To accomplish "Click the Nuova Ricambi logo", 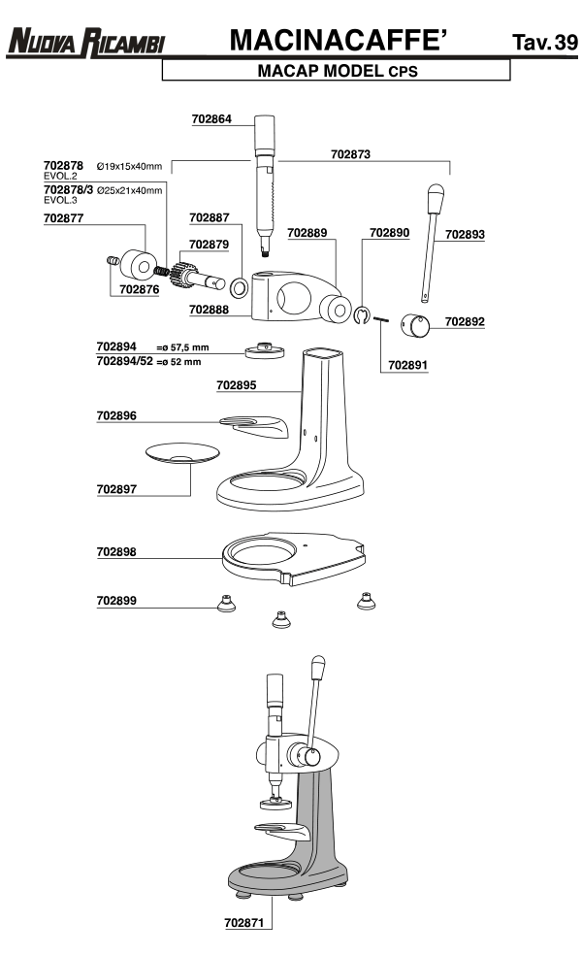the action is (x=85, y=43).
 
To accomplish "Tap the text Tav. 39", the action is (x=544, y=42).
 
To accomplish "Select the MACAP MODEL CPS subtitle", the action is (x=338, y=71).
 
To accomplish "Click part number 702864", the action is (x=211, y=118).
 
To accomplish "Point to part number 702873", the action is (x=350, y=154).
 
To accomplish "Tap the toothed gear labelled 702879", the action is (x=183, y=275).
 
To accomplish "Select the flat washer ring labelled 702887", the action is (x=239, y=286).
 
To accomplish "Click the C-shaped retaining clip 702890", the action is (x=362, y=314).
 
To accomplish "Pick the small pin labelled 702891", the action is (x=380, y=318).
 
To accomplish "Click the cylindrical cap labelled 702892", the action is (x=414, y=324).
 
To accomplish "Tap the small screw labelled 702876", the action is (x=113, y=261).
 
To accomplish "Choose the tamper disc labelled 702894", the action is (x=265, y=350).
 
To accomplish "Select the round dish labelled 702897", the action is (x=182, y=453).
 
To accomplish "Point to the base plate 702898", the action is (x=294, y=558).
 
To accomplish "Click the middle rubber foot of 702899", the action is (x=280, y=619).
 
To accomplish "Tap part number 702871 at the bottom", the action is (x=244, y=923).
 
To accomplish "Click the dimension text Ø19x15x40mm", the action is (x=129, y=166).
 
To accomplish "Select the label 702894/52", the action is (x=125, y=361).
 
